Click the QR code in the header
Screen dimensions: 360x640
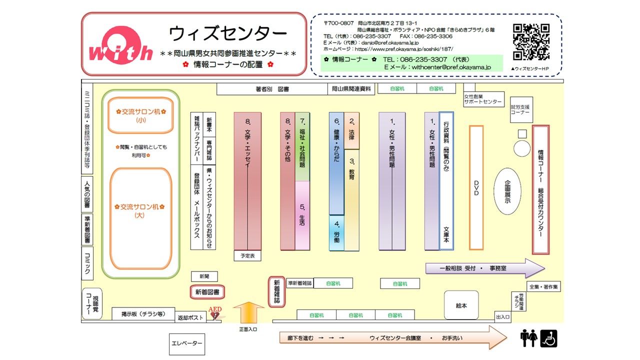[x=531, y=42]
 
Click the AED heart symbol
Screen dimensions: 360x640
[x=215, y=315]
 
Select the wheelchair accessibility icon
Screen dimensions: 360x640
[x=548, y=338]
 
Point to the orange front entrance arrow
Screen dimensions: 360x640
[x=248, y=313]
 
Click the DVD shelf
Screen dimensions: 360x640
[x=476, y=187]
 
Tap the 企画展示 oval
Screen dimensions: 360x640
[x=507, y=191]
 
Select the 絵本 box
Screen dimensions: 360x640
[x=461, y=305]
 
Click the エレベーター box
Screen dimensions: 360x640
[x=187, y=343]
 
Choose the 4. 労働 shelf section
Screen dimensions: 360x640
[x=336, y=232]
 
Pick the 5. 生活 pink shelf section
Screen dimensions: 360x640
[x=302, y=215]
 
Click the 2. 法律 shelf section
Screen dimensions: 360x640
[x=351, y=130]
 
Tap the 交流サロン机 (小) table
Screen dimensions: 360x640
[x=140, y=115]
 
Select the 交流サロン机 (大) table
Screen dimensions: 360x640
[x=140, y=217]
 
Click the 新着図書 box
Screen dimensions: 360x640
[x=207, y=291]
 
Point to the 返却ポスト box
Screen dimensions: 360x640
[x=190, y=317]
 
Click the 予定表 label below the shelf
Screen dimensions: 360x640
[x=247, y=255]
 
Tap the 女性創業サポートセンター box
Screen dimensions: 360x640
[x=483, y=99]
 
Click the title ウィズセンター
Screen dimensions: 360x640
[x=228, y=33]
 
